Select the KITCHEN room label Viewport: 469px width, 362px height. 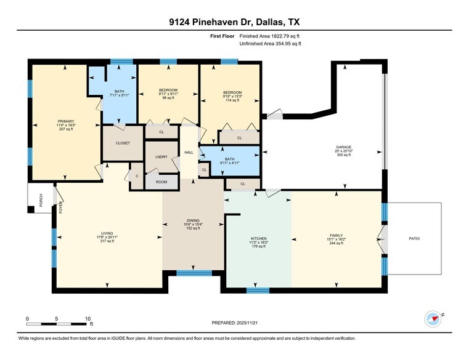(258, 238)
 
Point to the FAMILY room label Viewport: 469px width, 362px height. (335, 236)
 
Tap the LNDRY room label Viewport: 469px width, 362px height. (162, 158)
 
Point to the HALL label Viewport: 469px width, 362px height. (189, 152)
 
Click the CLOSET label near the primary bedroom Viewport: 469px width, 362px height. (123, 143)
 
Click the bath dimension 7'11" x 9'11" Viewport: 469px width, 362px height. (120, 95)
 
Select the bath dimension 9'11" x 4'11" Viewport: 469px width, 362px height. (230, 163)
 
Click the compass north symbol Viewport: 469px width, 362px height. (434, 318)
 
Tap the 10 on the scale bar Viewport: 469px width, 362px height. (88, 318)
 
